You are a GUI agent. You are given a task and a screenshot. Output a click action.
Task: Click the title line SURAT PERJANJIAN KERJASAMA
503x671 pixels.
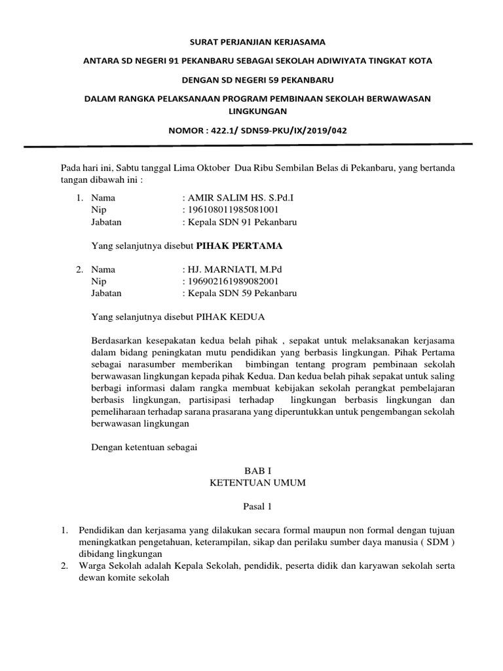tap(252, 42)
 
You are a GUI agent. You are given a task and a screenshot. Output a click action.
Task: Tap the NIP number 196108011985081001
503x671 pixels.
tap(232, 210)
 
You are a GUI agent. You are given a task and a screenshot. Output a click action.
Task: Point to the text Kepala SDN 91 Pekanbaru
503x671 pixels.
tap(242, 222)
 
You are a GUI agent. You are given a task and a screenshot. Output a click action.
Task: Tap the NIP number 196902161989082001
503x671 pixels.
tap(233, 282)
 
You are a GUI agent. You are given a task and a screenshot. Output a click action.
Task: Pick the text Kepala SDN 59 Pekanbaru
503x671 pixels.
tap(242, 294)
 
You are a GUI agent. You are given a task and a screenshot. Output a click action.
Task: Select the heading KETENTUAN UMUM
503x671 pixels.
tap(252, 483)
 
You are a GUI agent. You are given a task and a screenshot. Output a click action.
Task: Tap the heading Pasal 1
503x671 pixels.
tap(252, 507)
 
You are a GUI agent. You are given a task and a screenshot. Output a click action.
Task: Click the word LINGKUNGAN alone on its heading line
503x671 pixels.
tap(252, 111)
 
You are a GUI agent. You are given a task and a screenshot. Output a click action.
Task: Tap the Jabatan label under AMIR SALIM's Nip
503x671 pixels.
tap(107, 222)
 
